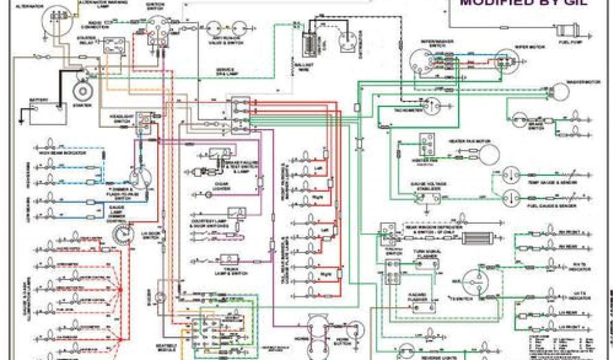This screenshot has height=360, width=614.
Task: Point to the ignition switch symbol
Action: [x=158, y=28]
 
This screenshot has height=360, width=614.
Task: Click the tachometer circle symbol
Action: [x=429, y=106]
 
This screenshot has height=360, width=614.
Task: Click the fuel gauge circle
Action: [x=510, y=196]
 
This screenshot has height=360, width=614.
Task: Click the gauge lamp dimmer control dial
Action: [x=124, y=234]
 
